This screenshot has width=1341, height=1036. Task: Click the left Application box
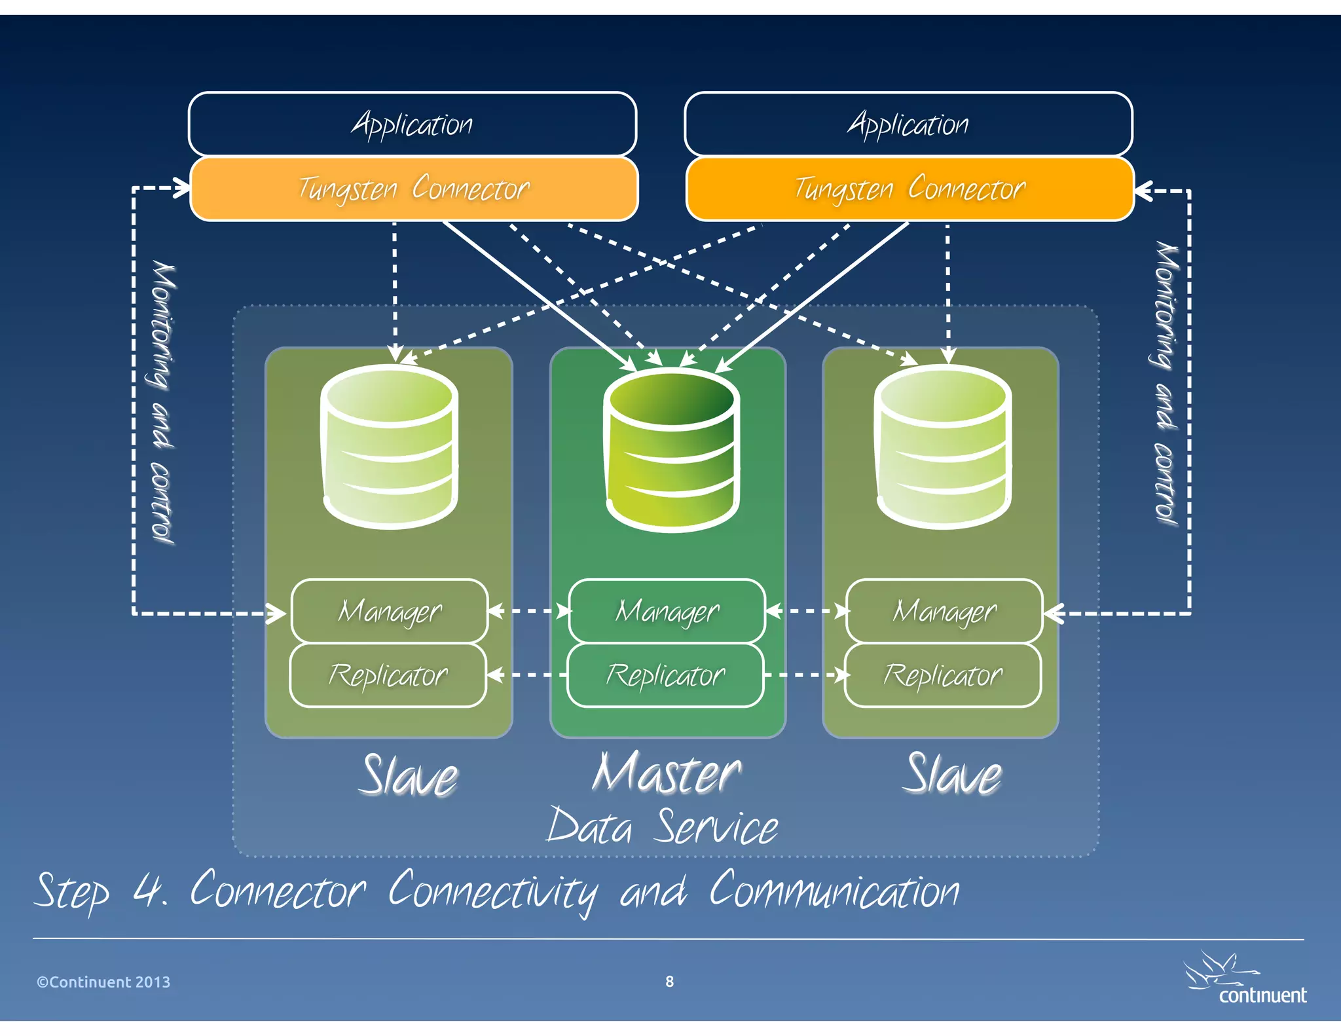click(x=412, y=124)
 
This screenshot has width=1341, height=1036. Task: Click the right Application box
click(x=908, y=124)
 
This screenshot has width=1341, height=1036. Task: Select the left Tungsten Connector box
click(x=413, y=189)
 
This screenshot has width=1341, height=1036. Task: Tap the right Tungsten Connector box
click(x=909, y=189)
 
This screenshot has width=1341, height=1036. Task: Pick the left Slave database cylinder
click(x=390, y=447)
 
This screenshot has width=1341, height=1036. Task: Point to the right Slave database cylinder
click(x=943, y=447)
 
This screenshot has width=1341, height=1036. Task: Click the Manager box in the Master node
click(x=667, y=611)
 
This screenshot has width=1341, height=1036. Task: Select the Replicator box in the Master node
click(x=665, y=675)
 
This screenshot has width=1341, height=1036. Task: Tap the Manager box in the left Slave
click(x=390, y=611)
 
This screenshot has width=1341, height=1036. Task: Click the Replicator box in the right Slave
click(x=943, y=675)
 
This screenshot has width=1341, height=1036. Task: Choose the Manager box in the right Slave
click(x=944, y=611)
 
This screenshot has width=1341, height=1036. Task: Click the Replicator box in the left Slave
click(x=388, y=675)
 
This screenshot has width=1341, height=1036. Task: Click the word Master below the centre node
click(x=667, y=774)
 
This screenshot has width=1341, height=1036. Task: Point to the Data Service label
click(x=663, y=826)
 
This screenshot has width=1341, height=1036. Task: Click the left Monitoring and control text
click(x=163, y=402)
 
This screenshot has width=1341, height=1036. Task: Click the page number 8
click(x=669, y=981)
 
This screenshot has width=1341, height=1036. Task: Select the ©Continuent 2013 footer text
click(x=103, y=982)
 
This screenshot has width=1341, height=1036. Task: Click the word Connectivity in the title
click(x=492, y=892)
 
